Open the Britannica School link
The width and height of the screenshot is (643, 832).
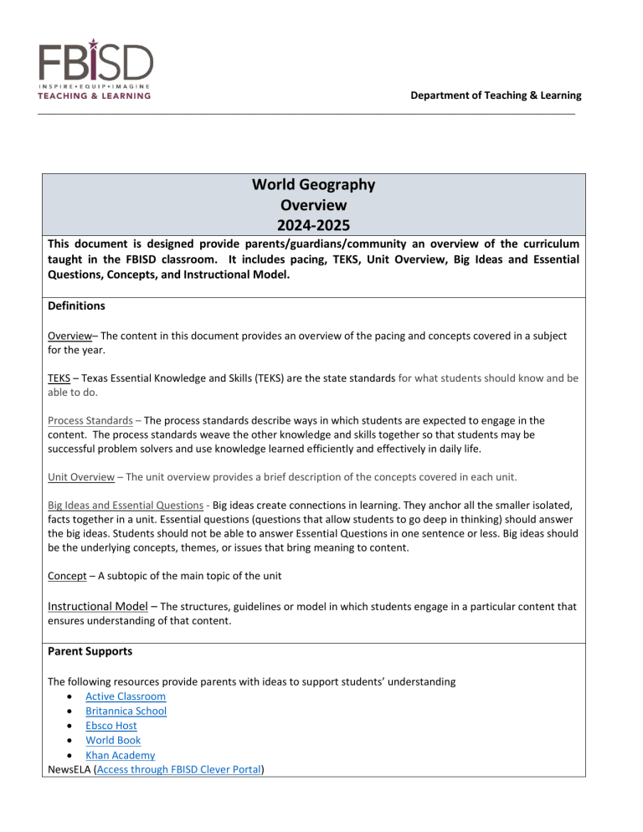[x=126, y=711]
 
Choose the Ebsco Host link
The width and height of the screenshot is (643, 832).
[x=111, y=727]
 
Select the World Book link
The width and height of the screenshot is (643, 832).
[x=113, y=741]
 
